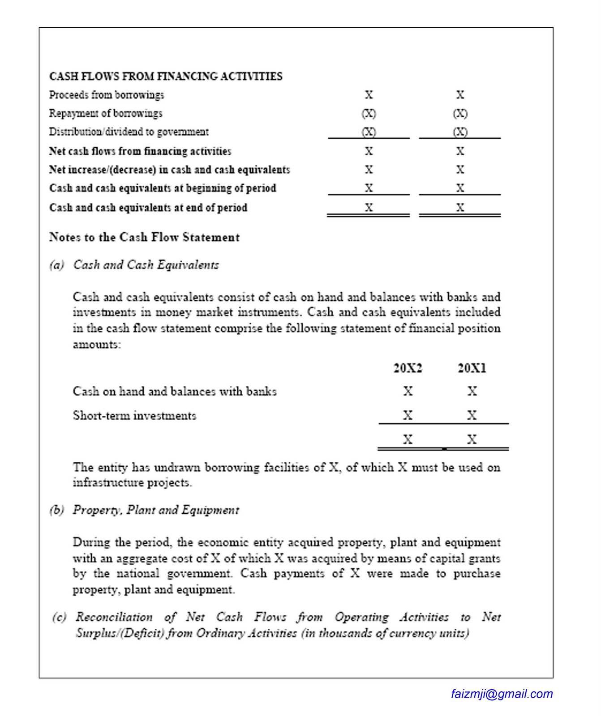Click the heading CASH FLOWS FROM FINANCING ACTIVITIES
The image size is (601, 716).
coord(166,77)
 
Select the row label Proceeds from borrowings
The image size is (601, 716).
coord(107,95)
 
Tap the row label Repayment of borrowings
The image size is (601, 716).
coord(106,114)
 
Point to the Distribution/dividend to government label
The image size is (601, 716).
coord(129,132)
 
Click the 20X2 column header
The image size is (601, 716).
coord(408,368)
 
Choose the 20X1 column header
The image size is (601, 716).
coord(472,368)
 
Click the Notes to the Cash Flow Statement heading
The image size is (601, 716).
coord(144,237)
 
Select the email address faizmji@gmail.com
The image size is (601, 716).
coord(502,694)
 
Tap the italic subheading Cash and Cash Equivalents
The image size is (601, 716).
coord(146,265)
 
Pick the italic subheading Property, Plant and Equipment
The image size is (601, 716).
coord(156,510)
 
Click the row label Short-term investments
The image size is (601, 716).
coord(134,416)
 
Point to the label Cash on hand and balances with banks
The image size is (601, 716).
coord(175,392)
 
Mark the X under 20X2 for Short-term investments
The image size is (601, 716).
coord(408,416)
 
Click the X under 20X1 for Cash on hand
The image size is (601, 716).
coord(472,392)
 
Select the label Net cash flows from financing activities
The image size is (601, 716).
coord(140,151)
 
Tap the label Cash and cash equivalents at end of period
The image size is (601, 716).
coord(148,208)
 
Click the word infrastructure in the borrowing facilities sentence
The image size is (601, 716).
coord(104,483)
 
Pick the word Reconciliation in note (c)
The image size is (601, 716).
coord(114,618)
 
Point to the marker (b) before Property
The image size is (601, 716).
coord(57,510)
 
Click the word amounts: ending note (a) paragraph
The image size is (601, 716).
coord(97,345)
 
